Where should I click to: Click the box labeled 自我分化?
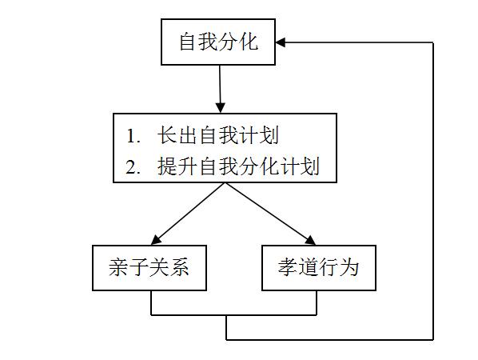click(x=218, y=42)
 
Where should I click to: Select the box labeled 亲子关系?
click(x=149, y=267)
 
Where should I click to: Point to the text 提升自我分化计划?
click(x=238, y=166)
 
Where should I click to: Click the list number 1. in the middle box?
click(x=133, y=135)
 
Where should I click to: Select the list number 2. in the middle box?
click(x=133, y=167)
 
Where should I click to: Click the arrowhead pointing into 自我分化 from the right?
click(x=282, y=42)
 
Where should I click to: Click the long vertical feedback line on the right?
click(x=432, y=192)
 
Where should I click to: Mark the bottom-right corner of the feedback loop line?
click(x=432, y=340)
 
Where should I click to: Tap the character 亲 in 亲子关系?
click(x=118, y=267)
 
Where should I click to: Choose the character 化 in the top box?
click(x=249, y=42)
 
